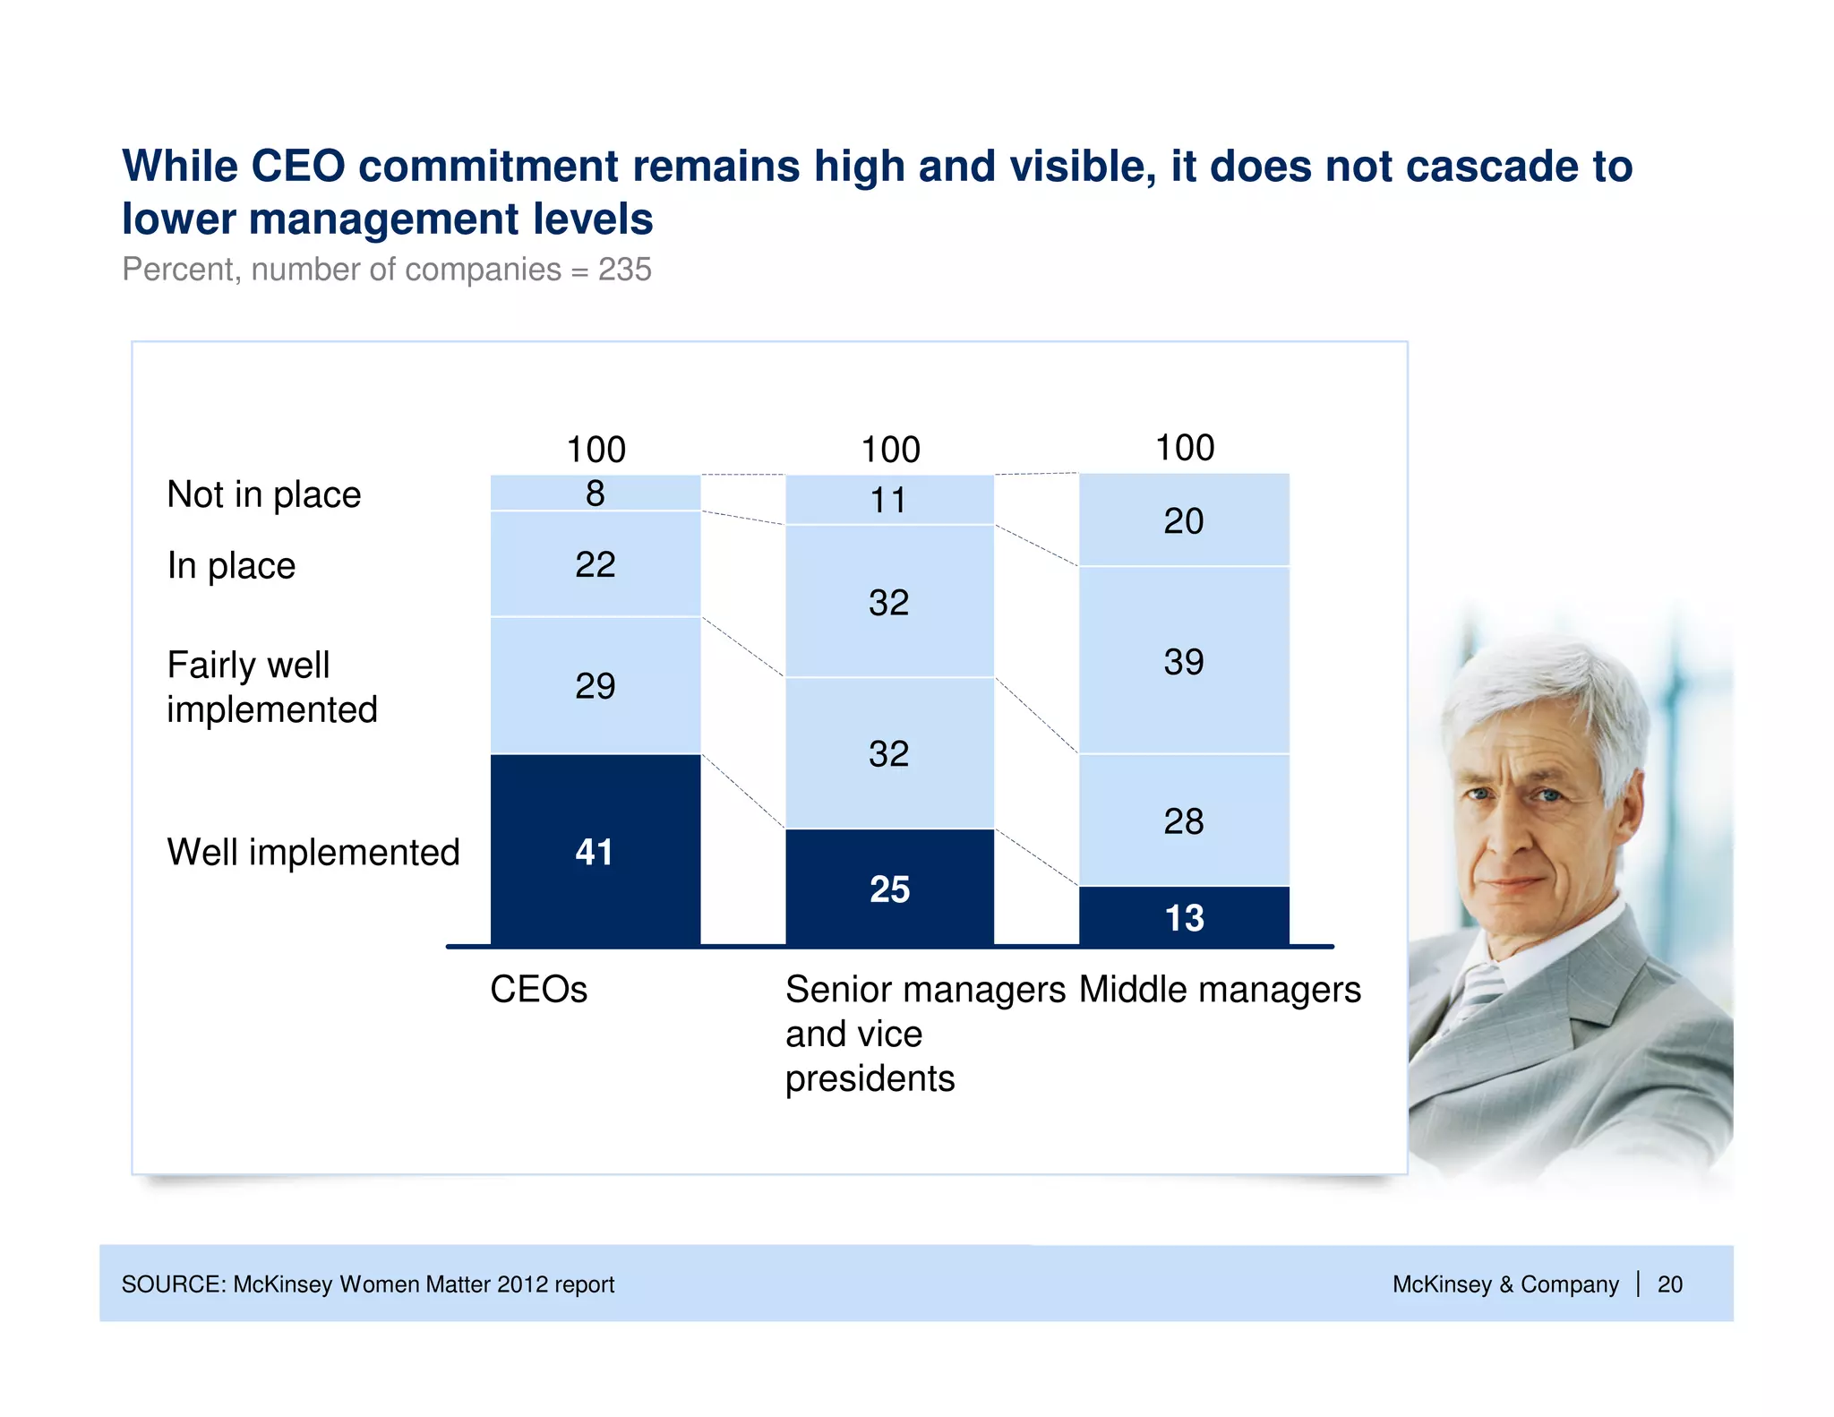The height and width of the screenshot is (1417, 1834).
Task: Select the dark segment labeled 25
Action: pos(889,887)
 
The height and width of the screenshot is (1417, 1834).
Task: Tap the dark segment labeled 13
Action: pos(1184,915)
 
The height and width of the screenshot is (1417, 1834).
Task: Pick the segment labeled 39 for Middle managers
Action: pos(1184,660)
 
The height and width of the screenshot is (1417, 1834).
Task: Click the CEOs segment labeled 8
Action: pos(596,493)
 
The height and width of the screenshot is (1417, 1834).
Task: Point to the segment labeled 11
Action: pos(889,500)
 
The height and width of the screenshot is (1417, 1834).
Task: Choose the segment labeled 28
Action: pos(1184,820)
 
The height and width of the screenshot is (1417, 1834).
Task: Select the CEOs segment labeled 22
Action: pos(596,563)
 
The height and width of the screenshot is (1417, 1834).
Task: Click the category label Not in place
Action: pos(263,494)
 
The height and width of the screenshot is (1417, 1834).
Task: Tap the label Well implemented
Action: pos(313,852)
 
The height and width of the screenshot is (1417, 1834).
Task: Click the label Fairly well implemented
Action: pos(271,687)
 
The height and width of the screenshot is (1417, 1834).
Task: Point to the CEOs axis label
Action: pos(538,990)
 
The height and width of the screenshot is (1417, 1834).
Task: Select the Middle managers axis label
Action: pos(1220,990)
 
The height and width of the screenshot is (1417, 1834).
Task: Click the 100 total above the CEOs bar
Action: pos(596,449)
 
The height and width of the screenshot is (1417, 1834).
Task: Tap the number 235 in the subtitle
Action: pos(624,270)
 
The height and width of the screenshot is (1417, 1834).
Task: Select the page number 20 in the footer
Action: pos(1669,1284)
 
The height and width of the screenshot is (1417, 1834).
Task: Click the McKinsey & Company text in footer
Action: pos(1504,1284)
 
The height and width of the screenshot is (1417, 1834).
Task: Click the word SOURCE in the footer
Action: pos(172,1284)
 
